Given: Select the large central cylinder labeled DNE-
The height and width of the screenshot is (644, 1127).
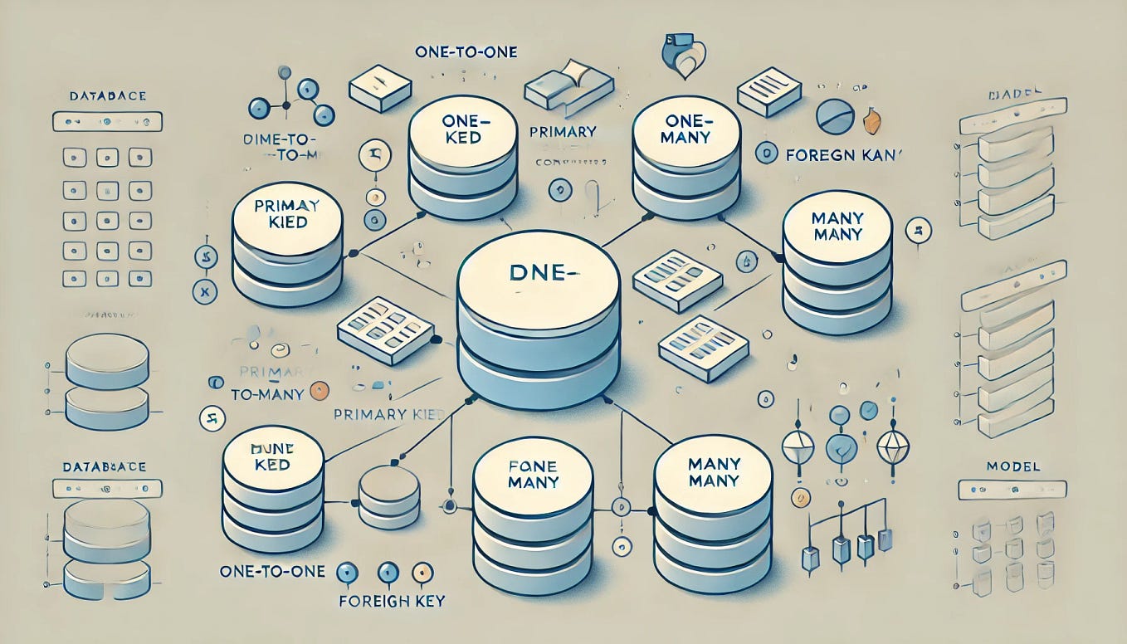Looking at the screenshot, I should [x=539, y=324].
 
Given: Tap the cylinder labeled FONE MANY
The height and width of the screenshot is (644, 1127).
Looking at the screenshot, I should [x=532, y=515].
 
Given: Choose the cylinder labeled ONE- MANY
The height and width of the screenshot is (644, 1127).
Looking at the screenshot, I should [x=686, y=158].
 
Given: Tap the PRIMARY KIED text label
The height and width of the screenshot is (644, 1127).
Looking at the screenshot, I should [x=390, y=414].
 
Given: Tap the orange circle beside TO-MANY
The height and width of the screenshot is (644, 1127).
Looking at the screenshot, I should [x=316, y=393].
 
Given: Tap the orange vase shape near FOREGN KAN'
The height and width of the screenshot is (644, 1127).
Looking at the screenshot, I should [x=871, y=120].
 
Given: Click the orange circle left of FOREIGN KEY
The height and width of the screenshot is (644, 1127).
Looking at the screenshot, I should [x=421, y=573].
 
